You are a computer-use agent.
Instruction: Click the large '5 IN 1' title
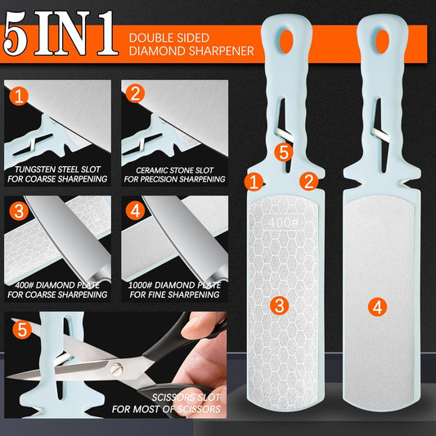coord(61,34)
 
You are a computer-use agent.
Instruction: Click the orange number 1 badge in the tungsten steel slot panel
coord(19,96)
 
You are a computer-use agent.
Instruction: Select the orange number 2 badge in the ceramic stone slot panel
coord(135,93)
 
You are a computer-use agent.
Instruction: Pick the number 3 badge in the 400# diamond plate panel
coord(19,211)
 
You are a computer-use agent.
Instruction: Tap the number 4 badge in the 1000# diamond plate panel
coord(135,211)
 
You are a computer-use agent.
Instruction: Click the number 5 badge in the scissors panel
coord(22,330)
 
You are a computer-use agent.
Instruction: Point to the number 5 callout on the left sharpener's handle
coord(284,152)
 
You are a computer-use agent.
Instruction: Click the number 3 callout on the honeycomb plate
coord(280,305)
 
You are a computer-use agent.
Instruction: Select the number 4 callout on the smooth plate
coord(377,307)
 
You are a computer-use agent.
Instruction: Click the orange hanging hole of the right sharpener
coord(382,41)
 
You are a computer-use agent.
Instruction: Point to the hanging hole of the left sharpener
coord(286,41)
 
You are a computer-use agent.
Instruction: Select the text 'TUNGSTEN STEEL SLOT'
coord(57,169)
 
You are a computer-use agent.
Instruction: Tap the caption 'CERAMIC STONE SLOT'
coord(174,170)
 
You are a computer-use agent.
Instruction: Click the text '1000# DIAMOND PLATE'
coord(174,285)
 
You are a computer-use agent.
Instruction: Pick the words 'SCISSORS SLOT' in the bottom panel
coord(186,398)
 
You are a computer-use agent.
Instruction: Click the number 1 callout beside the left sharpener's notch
coord(254,182)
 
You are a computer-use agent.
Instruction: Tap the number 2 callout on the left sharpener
coord(308,182)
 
